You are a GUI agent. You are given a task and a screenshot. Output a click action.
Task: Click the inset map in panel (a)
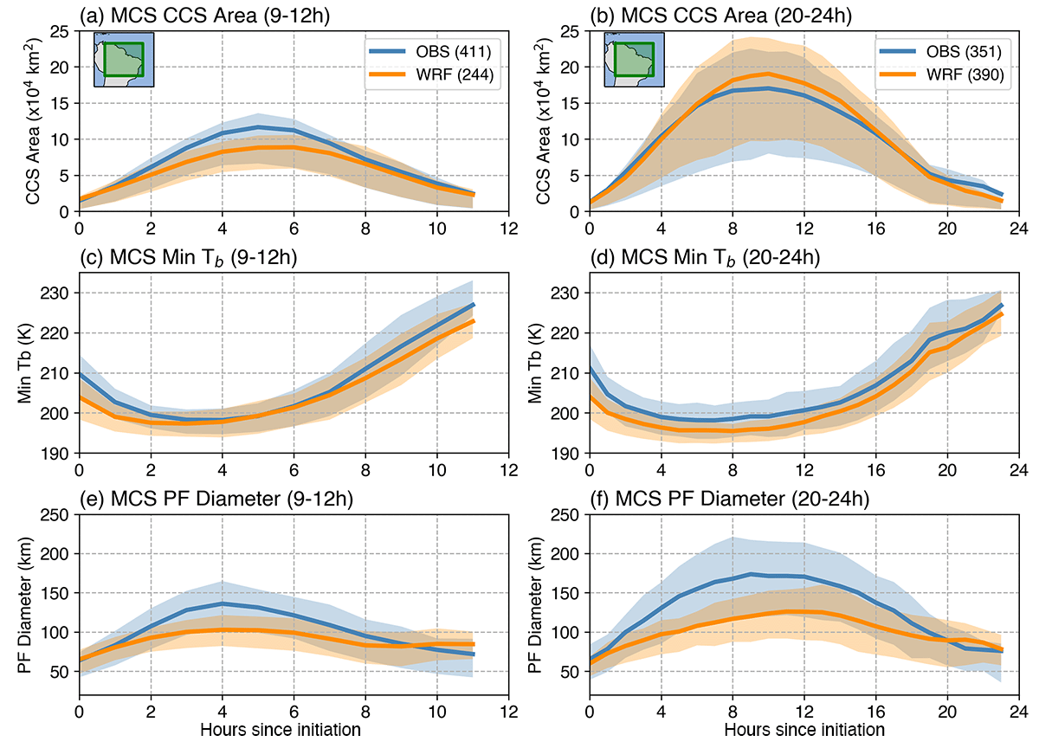click(x=124, y=59)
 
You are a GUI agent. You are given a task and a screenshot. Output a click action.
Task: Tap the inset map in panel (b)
click(x=634, y=59)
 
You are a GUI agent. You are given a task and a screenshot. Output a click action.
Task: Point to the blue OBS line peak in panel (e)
click(x=223, y=603)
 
